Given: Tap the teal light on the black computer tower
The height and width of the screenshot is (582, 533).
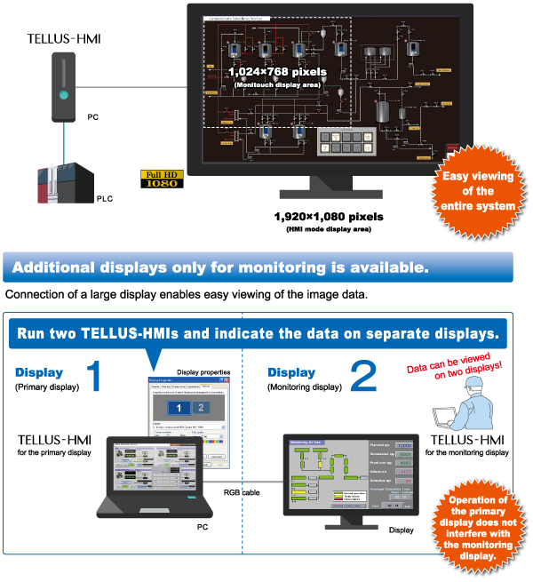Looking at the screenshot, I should click(63, 95).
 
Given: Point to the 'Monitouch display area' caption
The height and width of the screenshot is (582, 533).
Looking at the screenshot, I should click(277, 84).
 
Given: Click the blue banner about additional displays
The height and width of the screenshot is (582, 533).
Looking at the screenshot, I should click(258, 267).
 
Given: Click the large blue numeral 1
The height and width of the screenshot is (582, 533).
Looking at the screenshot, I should click(93, 377).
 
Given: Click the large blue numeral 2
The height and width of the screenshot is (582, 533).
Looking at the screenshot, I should click(362, 377).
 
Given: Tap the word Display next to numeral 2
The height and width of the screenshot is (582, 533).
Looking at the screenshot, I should click(291, 373).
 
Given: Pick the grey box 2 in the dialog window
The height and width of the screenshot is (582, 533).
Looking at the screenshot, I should click(200, 408).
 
